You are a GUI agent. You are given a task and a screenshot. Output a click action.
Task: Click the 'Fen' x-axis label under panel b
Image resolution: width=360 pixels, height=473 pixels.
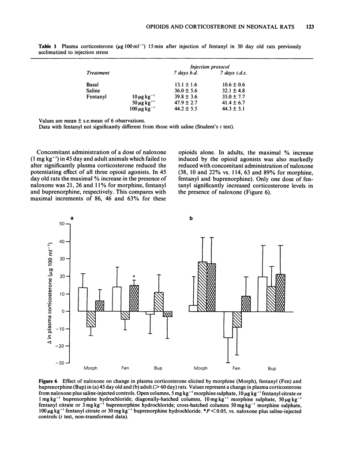236,368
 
